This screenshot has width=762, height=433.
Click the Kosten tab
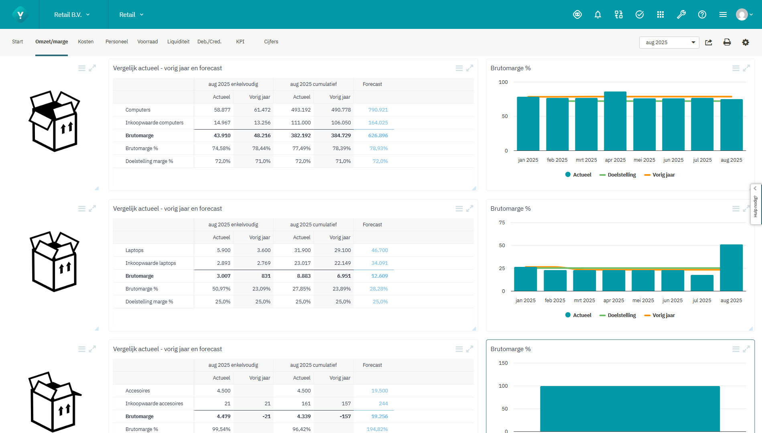(x=85, y=42)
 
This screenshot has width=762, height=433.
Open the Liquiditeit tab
(x=178, y=42)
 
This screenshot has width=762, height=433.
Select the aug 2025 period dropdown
(x=669, y=43)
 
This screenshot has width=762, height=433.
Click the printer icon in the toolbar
(x=727, y=43)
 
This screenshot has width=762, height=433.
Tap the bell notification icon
(x=597, y=15)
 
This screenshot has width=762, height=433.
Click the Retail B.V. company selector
(x=72, y=15)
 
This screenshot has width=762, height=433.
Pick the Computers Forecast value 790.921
(x=378, y=110)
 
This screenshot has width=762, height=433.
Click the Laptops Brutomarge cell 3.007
(x=224, y=276)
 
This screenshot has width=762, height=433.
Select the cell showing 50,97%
(x=221, y=289)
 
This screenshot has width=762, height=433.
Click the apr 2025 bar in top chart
(x=615, y=120)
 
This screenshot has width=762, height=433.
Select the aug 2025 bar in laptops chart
(x=731, y=267)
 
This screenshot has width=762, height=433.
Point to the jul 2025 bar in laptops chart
(x=701, y=283)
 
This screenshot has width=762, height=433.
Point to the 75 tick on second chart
(x=502, y=223)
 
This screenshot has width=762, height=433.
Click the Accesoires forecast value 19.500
(x=379, y=391)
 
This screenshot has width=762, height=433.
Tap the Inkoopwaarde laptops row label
(x=150, y=263)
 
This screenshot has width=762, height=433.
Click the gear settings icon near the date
(x=745, y=43)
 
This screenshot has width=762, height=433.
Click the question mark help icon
(x=702, y=15)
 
